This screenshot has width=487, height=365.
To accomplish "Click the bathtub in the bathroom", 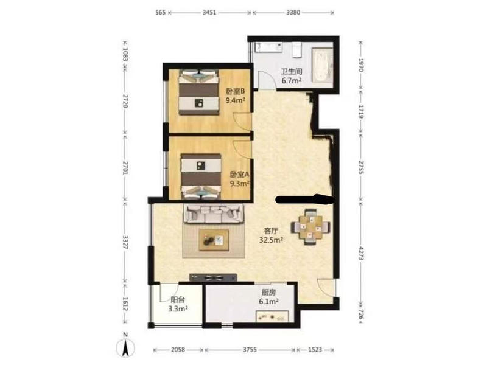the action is pos(322,65).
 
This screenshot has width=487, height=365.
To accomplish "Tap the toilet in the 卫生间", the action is pos(297,50).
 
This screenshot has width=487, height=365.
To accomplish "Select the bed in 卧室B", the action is pos(198,92).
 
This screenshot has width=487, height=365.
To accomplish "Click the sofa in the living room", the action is pos(214,214).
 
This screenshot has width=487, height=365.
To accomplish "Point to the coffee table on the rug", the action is pos(214,240).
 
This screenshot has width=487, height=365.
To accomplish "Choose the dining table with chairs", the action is pos(310,227).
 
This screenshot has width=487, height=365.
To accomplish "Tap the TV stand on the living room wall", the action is pos(213,277).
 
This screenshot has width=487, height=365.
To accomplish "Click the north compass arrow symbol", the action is pos(125,347).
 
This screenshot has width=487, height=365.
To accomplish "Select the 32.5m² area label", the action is pos(271,240).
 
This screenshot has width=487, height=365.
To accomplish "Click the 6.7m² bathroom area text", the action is pos(292,81).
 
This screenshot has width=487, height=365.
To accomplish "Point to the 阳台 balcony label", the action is pos(178,300).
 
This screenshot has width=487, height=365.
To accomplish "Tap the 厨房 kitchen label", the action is pos(268,293).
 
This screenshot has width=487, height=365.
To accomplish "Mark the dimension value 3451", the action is pos(209,12).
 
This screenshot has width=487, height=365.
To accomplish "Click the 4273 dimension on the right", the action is pos(361,253).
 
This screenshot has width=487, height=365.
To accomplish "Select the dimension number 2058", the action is pos(178,350).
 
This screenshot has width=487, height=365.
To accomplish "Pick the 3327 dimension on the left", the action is pos(125,243).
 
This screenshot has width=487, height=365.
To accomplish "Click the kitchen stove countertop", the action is pos(272,317).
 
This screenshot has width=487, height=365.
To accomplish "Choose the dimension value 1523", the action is pos(315,350).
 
